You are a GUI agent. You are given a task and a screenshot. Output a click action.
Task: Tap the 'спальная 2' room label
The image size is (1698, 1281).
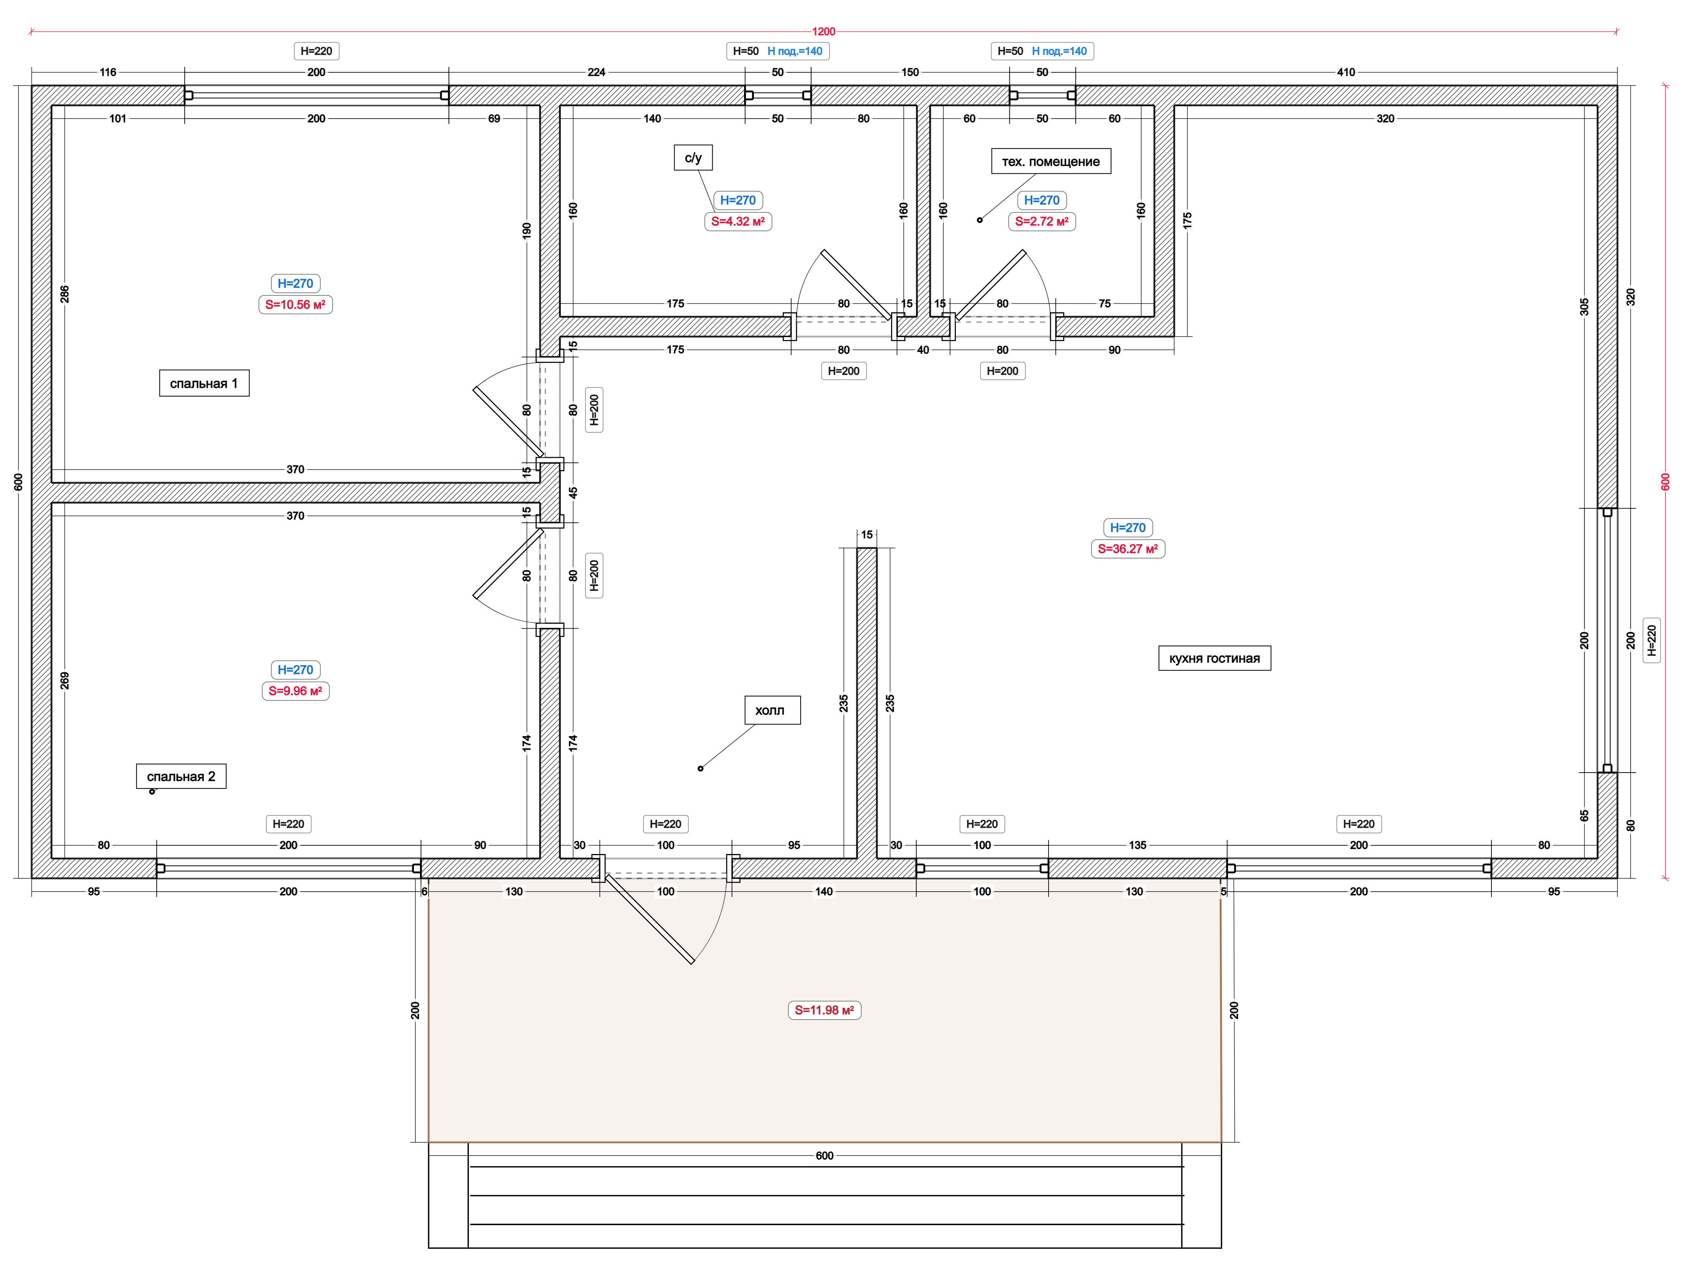click(x=181, y=777)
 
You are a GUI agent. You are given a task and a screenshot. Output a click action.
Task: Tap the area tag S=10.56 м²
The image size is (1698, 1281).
click(x=295, y=305)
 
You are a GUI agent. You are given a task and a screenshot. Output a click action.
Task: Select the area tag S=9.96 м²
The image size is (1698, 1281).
click(x=295, y=692)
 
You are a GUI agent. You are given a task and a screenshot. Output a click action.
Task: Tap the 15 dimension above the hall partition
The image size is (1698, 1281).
click(x=867, y=535)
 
